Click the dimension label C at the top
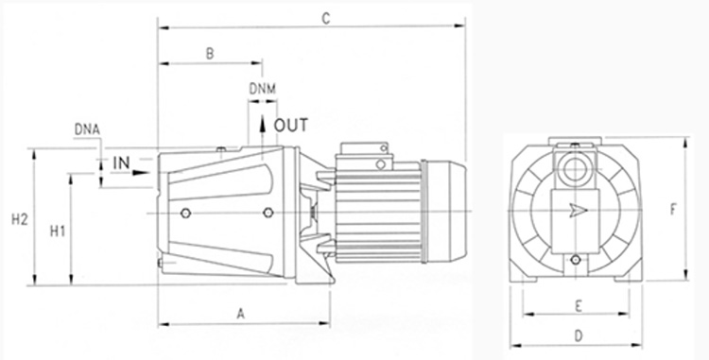point(325,19)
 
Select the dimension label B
point(210,54)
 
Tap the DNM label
point(262,89)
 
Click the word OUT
point(291,125)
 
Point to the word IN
point(121,163)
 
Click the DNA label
point(87,130)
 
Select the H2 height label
point(20,220)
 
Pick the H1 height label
point(58,231)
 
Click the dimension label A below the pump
point(240,314)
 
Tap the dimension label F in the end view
point(673,210)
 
